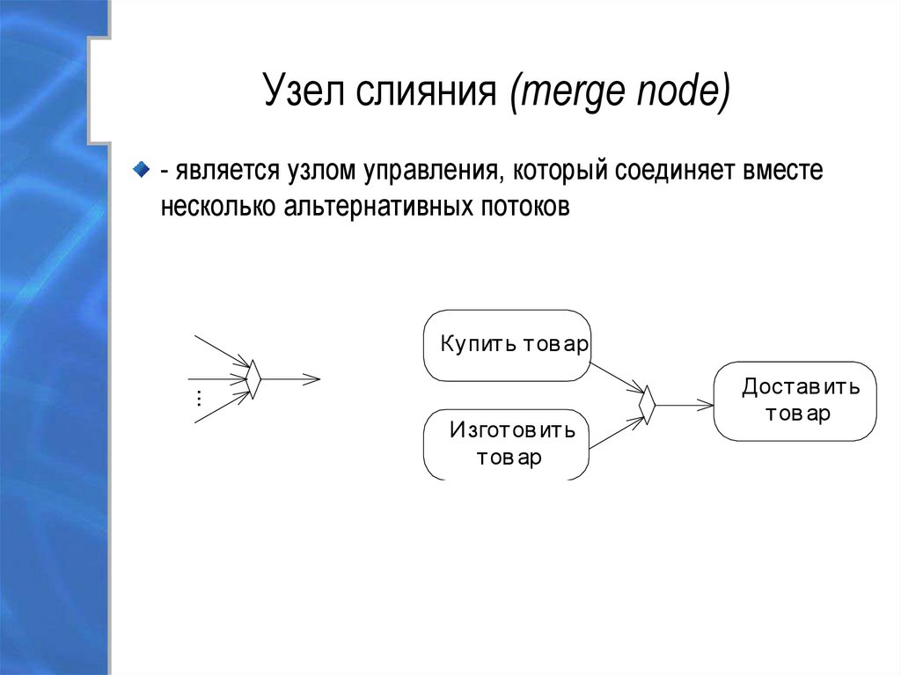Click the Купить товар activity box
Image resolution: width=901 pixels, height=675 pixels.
point(508,345)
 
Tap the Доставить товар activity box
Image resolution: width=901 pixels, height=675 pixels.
point(795,400)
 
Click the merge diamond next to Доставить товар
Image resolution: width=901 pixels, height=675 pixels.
point(648,405)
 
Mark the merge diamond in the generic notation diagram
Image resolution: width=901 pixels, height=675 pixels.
point(253,379)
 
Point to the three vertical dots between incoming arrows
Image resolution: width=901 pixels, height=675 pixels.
point(199,398)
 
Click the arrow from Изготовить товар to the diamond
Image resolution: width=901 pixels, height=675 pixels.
point(617,431)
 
